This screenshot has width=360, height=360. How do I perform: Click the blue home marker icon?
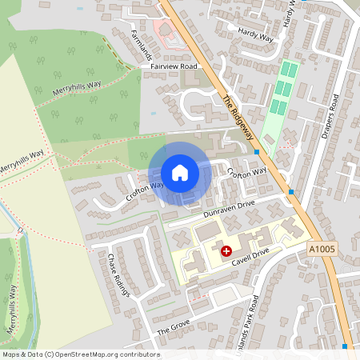point(179,173)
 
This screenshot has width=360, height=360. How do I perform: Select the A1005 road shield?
point(321,250)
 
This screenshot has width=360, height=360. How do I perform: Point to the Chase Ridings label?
point(118,274)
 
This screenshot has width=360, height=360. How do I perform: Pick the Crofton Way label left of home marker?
point(144,190)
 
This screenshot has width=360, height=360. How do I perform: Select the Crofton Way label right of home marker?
point(246,172)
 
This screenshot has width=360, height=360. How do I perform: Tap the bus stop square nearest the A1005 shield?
point(290,192)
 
